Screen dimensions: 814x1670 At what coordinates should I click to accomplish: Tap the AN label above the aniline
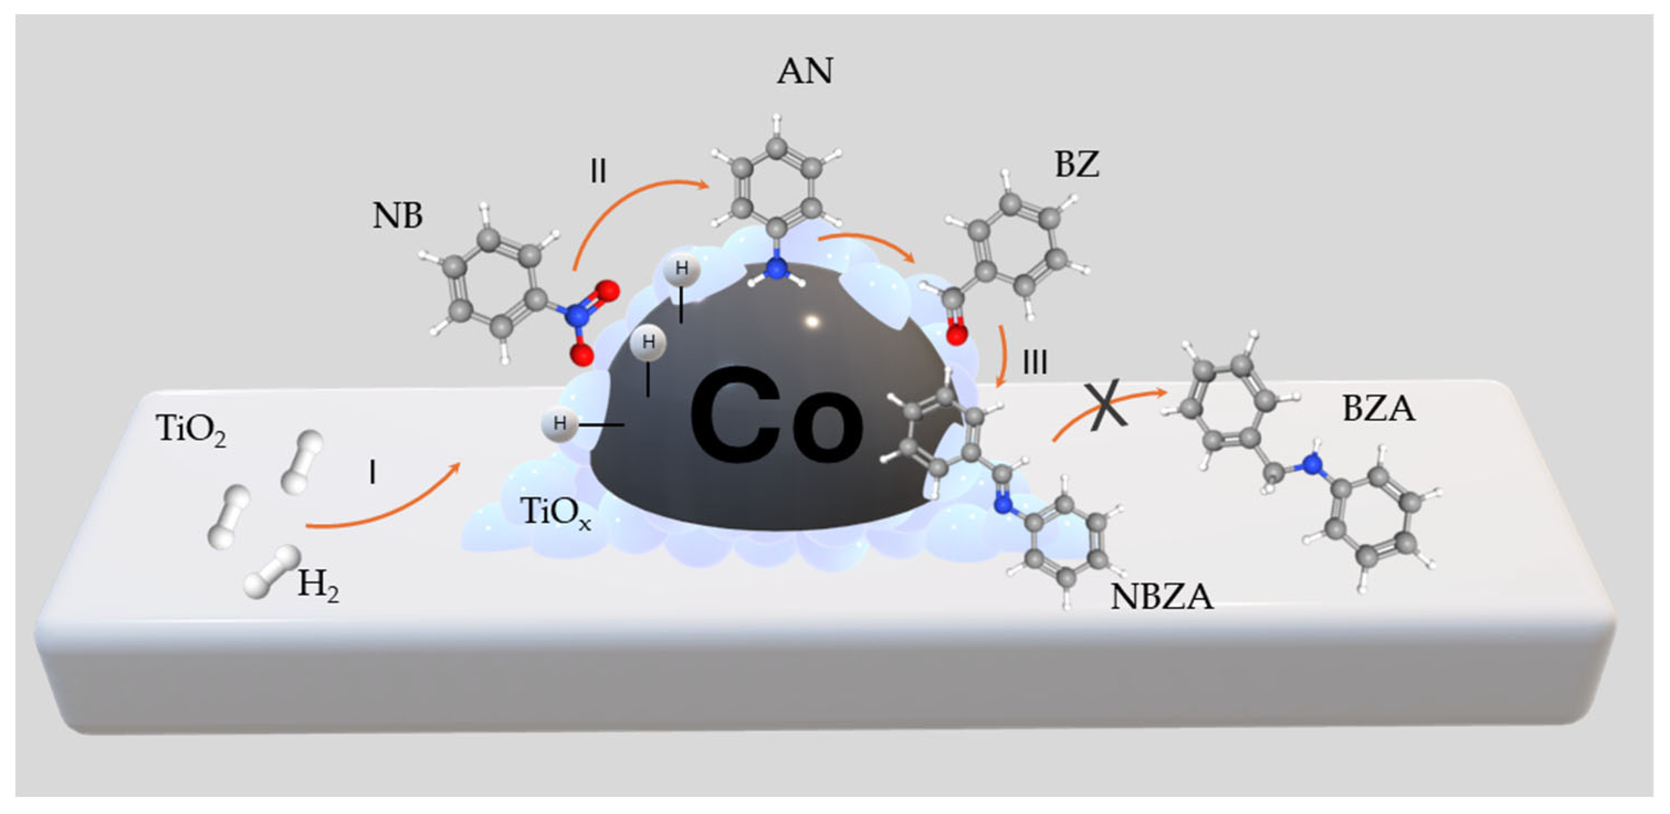[805, 71]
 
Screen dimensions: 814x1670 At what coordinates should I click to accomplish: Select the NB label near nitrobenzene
[397, 216]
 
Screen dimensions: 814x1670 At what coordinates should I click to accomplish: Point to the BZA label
[1378, 409]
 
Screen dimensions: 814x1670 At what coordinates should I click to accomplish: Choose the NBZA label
[1162, 597]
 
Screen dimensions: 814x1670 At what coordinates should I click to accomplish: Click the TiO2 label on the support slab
[191, 430]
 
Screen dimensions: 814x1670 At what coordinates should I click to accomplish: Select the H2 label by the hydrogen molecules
[318, 586]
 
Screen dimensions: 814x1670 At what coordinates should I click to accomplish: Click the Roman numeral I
[372, 474]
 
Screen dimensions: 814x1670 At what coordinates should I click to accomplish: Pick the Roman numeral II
[598, 172]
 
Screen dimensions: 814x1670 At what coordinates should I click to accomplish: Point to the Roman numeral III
[1034, 363]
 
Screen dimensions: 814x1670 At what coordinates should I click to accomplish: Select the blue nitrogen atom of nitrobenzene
[574, 317]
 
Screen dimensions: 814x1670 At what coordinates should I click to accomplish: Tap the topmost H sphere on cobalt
[681, 270]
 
